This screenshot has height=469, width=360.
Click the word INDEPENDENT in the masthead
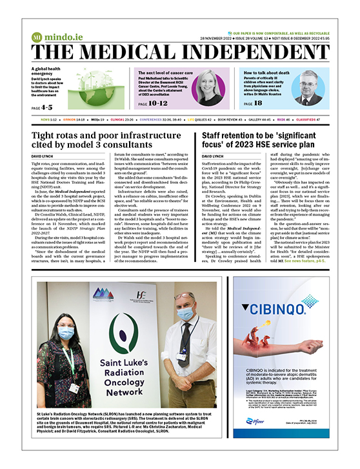tap(248, 52)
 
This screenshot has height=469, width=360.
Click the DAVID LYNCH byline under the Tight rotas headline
tap(43, 156)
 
